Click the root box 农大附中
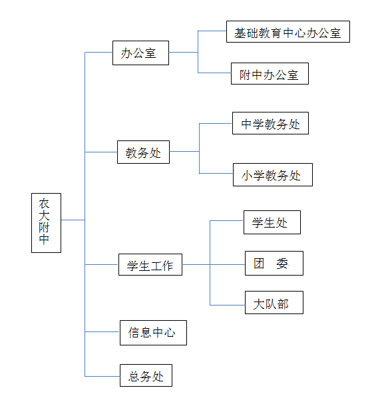(x=46, y=223)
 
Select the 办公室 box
(x=140, y=53)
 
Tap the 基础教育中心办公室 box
(x=288, y=32)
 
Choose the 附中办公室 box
(x=270, y=73)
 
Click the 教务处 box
(x=143, y=152)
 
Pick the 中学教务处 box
(x=270, y=123)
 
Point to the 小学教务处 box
(x=273, y=174)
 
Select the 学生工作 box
(x=150, y=264)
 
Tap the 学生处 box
(x=272, y=222)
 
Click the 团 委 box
(x=274, y=264)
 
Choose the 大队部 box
(x=274, y=303)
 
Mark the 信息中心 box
(x=153, y=333)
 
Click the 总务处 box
(x=146, y=375)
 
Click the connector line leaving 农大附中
(x=73, y=220)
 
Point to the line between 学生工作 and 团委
(x=214, y=264)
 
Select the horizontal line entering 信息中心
(x=102, y=331)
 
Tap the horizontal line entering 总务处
(x=102, y=376)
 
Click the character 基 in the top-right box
(x=240, y=33)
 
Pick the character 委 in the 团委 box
(x=282, y=264)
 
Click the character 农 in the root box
(x=44, y=204)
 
